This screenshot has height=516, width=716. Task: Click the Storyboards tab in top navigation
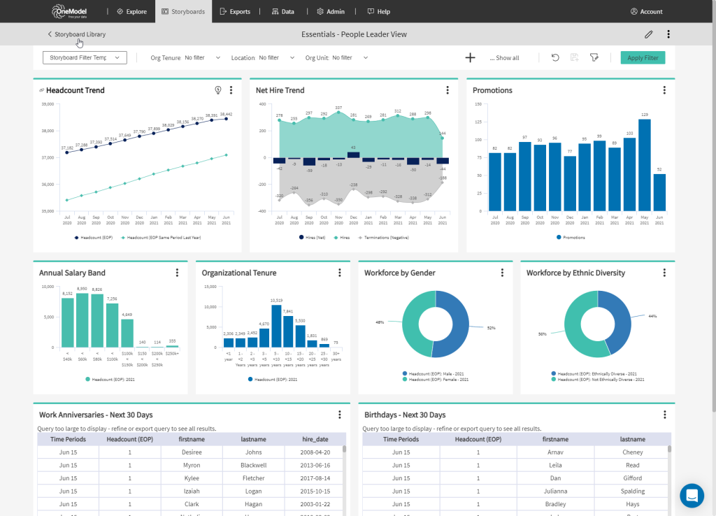pos(182,12)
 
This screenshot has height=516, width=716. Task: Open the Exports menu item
pos(234,12)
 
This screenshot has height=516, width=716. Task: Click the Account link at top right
pos(646,12)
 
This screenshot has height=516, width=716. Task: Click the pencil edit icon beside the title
pos(649,34)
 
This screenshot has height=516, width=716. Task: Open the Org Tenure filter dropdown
pos(186,58)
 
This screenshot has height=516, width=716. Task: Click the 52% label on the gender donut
pos(491,327)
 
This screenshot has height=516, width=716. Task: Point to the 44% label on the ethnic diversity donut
pos(652,317)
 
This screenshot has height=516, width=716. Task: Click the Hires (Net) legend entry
pos(312,238)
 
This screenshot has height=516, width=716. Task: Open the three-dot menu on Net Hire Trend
pos(447,90)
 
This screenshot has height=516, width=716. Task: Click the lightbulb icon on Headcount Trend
pos(218,90)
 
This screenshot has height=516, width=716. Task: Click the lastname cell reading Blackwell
pos(252,465)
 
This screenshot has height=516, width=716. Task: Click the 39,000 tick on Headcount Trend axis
pos(48,104)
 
